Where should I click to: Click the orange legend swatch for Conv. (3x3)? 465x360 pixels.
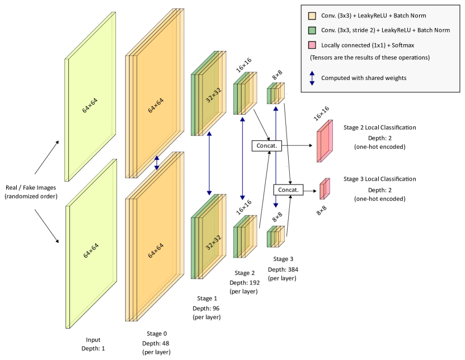tap(312, 16)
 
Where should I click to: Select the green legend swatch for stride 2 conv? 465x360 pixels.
tap(312, 30)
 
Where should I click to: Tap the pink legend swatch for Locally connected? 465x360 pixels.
tap(312, 45)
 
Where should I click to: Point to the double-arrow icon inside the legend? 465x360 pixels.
tap(312, 78)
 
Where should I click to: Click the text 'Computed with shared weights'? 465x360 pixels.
tap(364, 78)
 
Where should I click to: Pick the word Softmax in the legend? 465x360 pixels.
tap(402, 45)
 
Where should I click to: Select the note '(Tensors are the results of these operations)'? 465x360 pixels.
tap(370, 58)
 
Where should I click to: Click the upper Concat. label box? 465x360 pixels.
tap(266, 145)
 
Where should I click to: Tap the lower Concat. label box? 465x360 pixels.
tap(288, 190)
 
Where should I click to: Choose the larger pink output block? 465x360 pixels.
tap(325, 141)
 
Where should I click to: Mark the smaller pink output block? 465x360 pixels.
tap(325, 189)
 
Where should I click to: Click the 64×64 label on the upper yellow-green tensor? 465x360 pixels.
tap(90, 106)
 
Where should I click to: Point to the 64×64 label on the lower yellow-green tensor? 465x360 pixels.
tap(90, 250)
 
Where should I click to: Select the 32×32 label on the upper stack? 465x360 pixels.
tap(213, 95)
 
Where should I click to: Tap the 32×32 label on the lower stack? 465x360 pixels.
tap(213, 242)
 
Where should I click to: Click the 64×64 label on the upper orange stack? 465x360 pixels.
tap(156, 105)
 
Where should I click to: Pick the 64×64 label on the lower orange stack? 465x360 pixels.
tap(156, 250)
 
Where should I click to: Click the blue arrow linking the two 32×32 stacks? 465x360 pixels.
tap(209, 163)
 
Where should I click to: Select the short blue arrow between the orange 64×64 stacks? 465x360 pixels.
tap(157, 163)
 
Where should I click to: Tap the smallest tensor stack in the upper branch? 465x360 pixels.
tap(275, 93)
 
